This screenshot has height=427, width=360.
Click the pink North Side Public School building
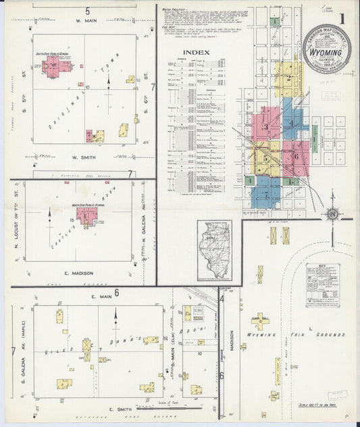[86, 216]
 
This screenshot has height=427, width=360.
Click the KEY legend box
[322, 286]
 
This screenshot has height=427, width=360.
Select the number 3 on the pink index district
[266, 126]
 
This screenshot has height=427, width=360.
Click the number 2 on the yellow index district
[288, 77]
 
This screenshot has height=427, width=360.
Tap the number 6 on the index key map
[296, 156]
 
